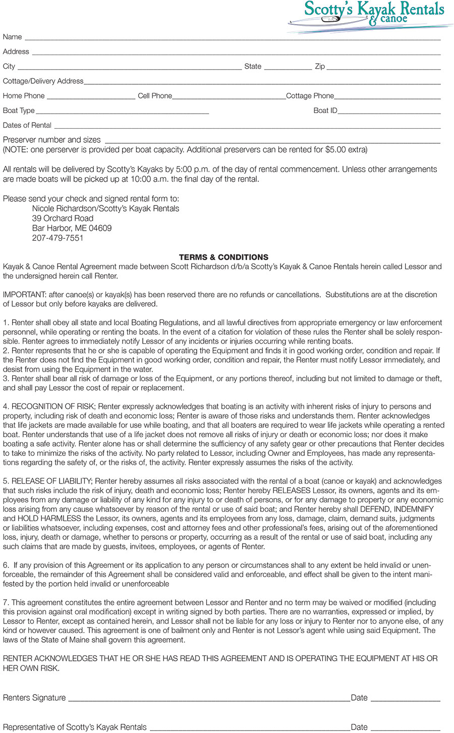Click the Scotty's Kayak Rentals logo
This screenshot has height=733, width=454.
click(x=371, y=15)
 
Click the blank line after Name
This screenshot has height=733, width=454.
click(x=232, y=38)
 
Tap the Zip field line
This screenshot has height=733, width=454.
click(x=383, y=68)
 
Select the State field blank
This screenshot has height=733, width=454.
click(x=288, y=68)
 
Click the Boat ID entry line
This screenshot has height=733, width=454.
click(x=389, y=112)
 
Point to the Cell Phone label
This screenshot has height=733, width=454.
click(x=155, y=96)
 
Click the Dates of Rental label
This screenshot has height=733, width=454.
click(x=27, y=125)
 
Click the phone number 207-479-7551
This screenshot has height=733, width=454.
click(x=58, y=238)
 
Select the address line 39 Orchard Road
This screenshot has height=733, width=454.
click(x=63, y=218)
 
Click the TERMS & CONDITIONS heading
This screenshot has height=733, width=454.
click(x=223, y=257)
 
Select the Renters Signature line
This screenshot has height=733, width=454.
click(x=209, y=699)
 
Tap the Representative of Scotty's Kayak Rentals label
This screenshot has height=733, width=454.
click(x=75, y=727)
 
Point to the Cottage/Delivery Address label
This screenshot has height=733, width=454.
click(x=43, y=81)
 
